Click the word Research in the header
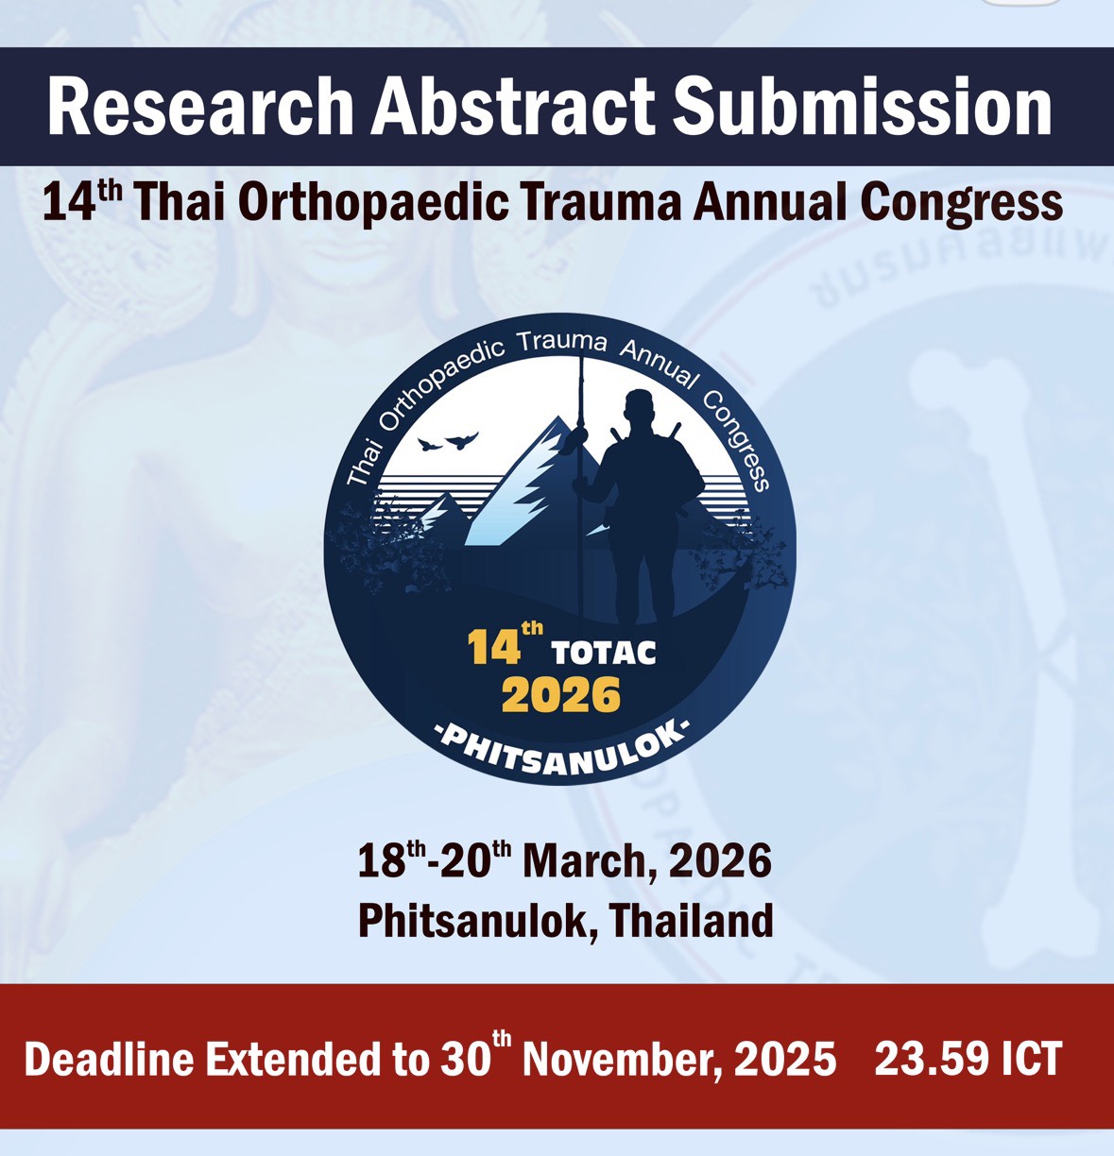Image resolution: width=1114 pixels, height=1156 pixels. click(201, 108)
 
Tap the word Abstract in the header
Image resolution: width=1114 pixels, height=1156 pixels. click(513, 108)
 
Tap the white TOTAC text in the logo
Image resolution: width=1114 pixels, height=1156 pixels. click(604, 653)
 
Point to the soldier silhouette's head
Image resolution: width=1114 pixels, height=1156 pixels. click(640, 406)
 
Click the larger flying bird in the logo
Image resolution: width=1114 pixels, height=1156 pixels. click(461, 440)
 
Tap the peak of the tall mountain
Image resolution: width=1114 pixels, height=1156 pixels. click(557, 417)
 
